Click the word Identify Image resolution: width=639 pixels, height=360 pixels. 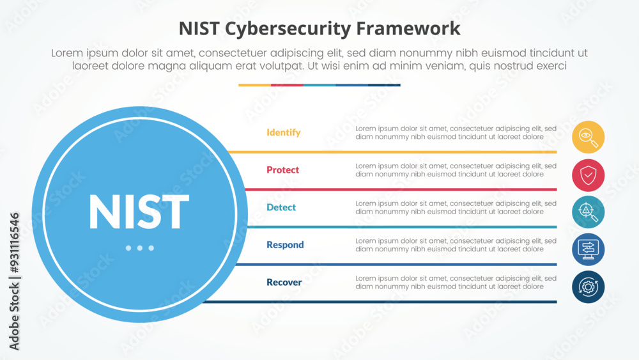(283, 132)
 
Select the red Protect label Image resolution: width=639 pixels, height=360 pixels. (282, 169)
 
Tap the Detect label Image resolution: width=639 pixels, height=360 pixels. (281, 207)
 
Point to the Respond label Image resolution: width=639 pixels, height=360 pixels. (285, 244)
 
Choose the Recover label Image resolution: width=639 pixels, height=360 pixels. (284, 282)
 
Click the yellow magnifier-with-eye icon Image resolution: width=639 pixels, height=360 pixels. (588, 137)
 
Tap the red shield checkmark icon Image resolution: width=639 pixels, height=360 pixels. (588, 175)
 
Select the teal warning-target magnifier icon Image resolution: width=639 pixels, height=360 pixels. (588, 212)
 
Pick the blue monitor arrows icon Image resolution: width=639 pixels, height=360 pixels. (588, 249)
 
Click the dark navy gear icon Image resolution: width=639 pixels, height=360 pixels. (588, 286)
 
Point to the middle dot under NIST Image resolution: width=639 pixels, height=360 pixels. (139, 248)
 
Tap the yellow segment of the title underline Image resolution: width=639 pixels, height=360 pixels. (254, 85)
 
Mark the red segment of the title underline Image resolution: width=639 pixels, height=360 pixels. (287, 85)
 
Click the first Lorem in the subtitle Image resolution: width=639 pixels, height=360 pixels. (67, 54)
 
